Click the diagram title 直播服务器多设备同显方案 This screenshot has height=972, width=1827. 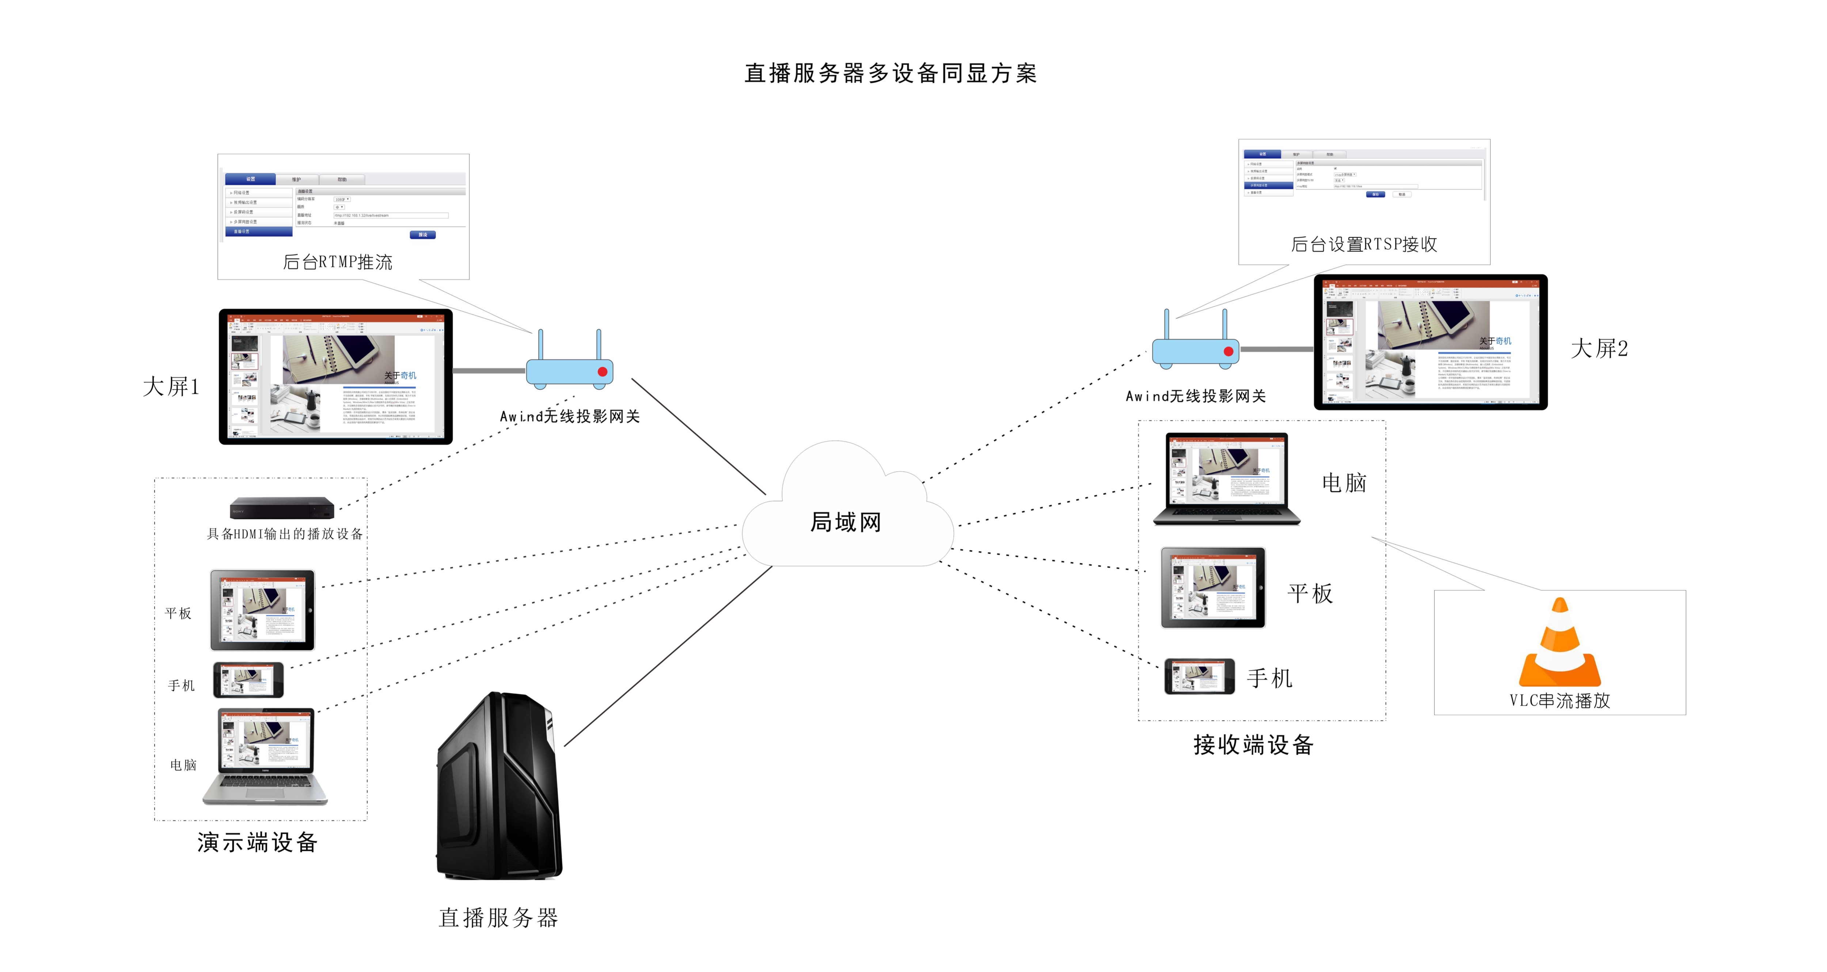click(890, 73)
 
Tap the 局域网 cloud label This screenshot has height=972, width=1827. click(846, 522)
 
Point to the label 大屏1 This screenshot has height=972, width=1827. click(171, 387)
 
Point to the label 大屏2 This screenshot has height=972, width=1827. click(1599, 348)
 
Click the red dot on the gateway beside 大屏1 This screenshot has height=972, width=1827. click(602, 372)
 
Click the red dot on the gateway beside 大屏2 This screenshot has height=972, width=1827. click(1228, 351)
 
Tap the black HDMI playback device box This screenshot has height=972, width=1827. click(282, 508)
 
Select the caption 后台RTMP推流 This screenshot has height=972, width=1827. click(338, 262)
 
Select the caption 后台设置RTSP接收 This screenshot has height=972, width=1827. click(1364, 244)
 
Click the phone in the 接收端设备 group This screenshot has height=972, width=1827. click(1199, 676)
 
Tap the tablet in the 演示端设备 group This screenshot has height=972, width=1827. click(262, 610)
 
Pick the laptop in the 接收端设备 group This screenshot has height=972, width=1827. click(1227, 479)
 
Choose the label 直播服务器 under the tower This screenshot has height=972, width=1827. click(499, 918)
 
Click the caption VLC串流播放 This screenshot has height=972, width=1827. click(1560, 700)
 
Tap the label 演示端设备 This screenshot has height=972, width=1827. click(258, 842)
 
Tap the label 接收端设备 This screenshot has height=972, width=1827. click(1253, 744)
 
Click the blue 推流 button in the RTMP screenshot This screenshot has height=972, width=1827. click(423, 235)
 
